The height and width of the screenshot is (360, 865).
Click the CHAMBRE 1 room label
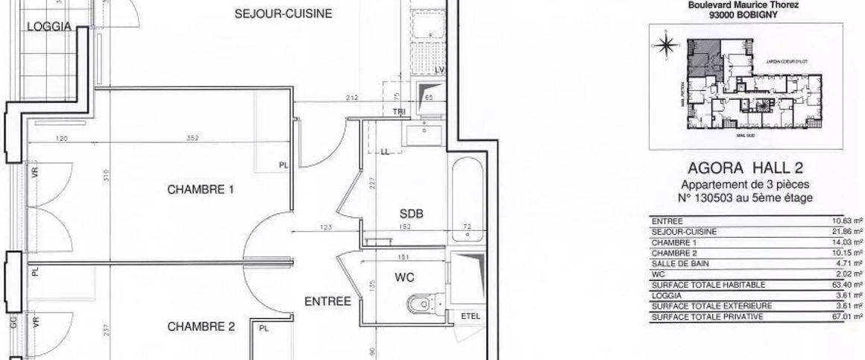[x=201, y=189]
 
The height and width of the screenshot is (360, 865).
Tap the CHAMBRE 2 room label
[x=201, y=326]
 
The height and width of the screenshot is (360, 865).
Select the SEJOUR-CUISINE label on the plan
[x=283, y=13]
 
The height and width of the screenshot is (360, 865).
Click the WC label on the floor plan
[x=403, y=277]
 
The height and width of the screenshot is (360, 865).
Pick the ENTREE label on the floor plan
[x=327, y=302]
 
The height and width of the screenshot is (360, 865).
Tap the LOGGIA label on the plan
[x=48, y=27]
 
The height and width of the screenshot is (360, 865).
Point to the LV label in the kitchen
[x=440, y=69]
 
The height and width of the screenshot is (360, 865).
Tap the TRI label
[x=399, y=111]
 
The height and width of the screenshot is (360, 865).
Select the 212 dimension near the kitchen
[x=353, y=98]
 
